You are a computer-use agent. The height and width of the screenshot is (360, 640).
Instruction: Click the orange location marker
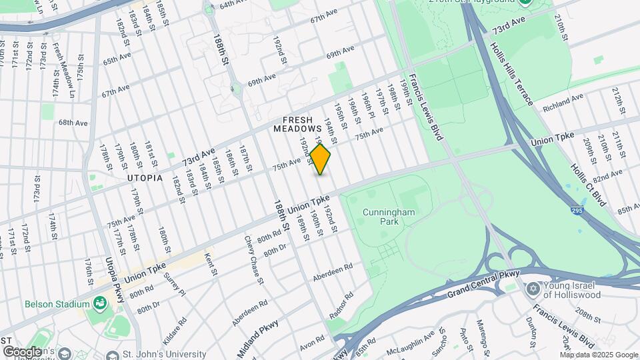320,160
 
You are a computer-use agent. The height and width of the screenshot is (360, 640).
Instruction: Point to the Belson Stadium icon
100,305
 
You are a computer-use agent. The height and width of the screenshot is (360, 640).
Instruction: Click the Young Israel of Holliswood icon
532,289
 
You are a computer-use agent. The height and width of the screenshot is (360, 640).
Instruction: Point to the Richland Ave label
563,103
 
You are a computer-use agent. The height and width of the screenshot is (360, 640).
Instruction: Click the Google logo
23,351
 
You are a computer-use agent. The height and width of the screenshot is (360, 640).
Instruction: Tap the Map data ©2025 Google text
598,355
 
